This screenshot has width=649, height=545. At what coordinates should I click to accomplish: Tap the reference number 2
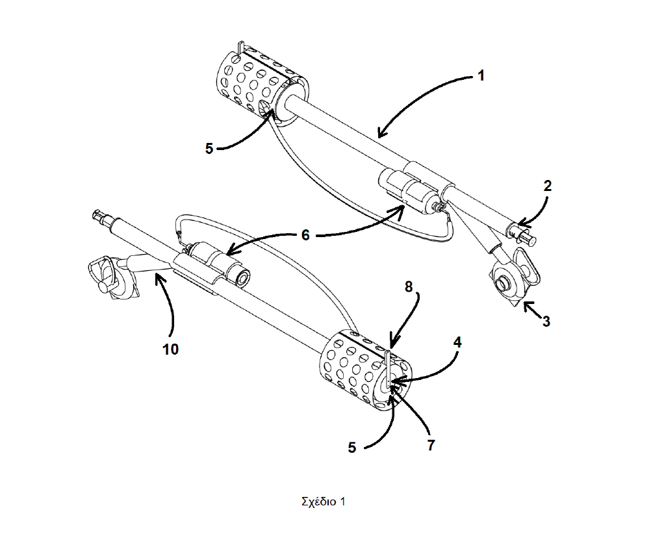547,186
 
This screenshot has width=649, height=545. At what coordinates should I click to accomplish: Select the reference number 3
546,320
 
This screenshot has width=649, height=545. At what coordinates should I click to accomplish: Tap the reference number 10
171,349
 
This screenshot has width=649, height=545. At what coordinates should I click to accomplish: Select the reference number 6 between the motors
305,234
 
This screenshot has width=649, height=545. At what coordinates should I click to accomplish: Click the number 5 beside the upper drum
209,148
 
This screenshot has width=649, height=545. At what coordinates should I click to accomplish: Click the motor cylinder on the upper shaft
409,190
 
